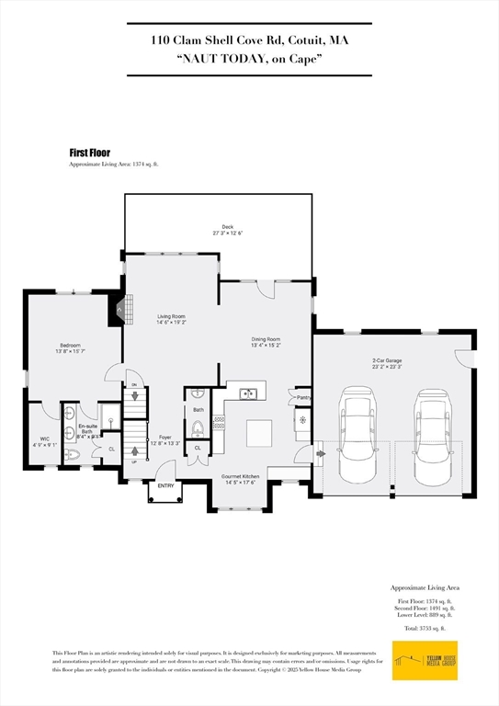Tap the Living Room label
click(x=171, y=319)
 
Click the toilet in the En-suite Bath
click(x=77, y=455)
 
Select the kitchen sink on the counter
click(x=248, y=394)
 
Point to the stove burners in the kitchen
click(x=219, y=423)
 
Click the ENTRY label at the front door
click(x=165, y=485)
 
